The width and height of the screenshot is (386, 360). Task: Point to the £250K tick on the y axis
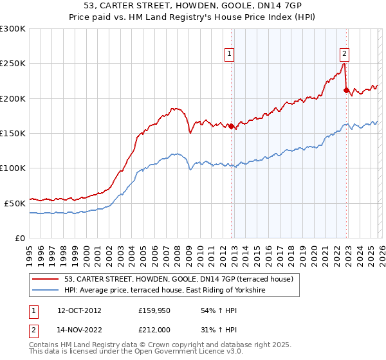(x=13, y=64)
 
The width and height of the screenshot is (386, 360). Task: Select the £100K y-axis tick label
(x=13, y=168)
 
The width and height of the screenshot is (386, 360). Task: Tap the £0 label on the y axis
(x=19, y=238)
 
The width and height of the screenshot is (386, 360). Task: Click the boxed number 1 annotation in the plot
(x=230, y=54)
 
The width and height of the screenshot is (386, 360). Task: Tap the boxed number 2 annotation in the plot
(x=345, y=54)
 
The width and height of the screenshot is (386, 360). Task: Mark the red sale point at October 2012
(x=231, y=127)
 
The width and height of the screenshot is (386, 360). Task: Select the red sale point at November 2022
(x=346, y=90)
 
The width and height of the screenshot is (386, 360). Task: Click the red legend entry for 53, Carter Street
(x=179, y=279)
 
